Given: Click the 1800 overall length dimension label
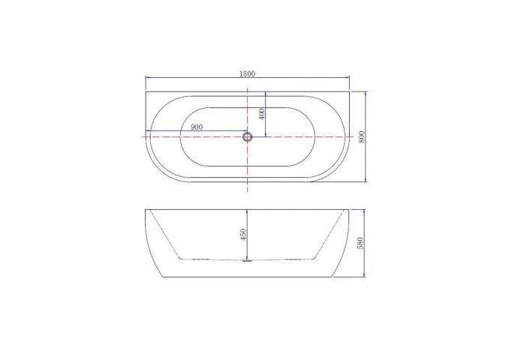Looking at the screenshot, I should coord(248,73).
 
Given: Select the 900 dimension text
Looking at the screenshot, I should coord(197,127).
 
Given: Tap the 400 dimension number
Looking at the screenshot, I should coord(261,114).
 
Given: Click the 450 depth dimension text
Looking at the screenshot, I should coord(242,235).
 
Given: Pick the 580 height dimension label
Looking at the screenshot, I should coord(361,244).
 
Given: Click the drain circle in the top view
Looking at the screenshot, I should coord(248,136).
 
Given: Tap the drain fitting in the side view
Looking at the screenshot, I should coord(248,260).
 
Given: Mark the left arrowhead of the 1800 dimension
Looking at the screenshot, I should coord(146,78).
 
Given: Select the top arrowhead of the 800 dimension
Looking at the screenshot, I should coord(365,94).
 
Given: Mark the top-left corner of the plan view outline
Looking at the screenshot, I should coord(145,92).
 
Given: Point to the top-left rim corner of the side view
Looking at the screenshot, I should coord(145,209).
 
